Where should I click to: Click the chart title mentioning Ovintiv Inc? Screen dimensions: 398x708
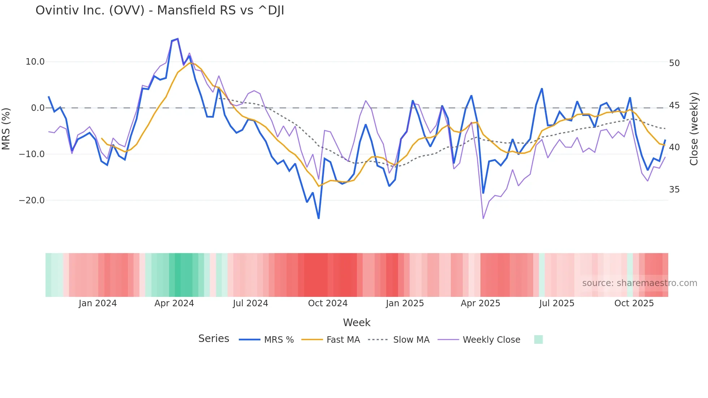click(160, 10)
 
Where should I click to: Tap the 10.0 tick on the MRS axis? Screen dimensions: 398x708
click(35, 62)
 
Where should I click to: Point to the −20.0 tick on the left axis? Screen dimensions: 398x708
click(32, 200)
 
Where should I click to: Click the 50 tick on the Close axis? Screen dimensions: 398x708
click(674, 63)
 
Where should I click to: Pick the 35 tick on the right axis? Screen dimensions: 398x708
click(674, 190)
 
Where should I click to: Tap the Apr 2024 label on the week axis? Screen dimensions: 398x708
click(174, 303)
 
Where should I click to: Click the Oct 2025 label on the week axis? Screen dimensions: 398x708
click(634, 303)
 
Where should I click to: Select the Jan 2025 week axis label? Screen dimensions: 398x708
click(405, 303)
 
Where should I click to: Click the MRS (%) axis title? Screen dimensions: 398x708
click(6, 129)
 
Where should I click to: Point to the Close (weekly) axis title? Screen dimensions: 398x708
click(694, 129)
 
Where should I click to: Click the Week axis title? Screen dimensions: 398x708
click(357, 323)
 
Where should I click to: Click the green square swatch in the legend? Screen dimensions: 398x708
click(538, 339)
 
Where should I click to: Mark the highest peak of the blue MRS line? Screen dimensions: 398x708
click(177, 39)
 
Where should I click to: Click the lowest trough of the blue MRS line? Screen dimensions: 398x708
click(319, 218)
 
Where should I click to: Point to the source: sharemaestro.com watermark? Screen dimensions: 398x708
click(639, 283)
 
